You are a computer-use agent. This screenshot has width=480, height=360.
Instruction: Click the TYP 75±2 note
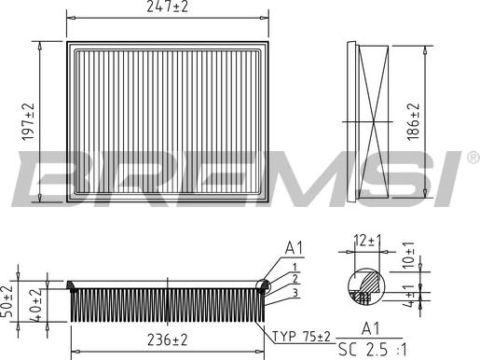coord(301,337)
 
